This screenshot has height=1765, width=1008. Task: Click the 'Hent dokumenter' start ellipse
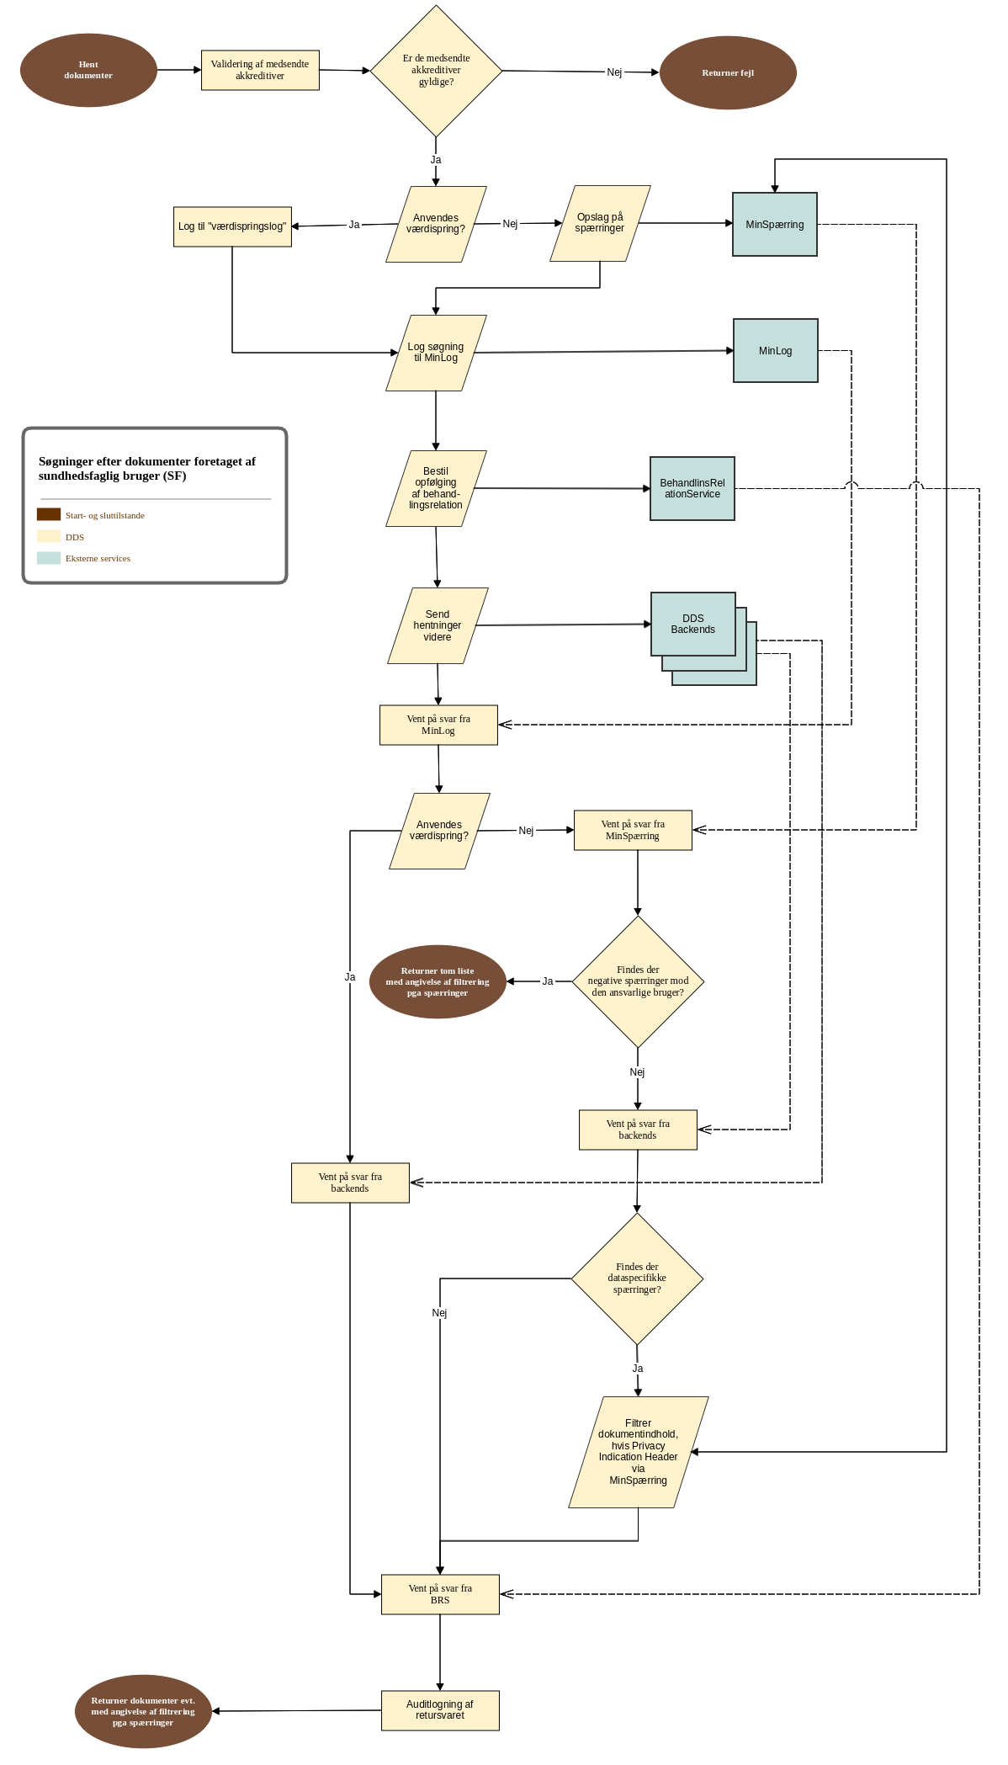[x=88, y=71]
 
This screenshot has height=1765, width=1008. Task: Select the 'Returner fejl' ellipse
[x=728, y=73]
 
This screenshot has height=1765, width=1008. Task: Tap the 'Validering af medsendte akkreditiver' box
[x=260, y=71]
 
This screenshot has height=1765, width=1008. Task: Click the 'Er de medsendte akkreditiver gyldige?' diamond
[x=436, y=71]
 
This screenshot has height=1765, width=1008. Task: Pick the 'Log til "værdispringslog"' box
[x=232, y=227]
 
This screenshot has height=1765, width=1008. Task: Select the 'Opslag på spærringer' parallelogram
[x=600, y=224]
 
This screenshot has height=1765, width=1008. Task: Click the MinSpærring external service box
[x=775, y=225]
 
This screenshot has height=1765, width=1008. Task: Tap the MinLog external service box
[x=776, y=351]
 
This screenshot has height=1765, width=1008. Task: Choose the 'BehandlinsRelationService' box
[x=692, y=489]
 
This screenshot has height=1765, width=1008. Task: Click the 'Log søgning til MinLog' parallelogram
[x=436, y=354]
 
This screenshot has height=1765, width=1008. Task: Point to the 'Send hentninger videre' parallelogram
[x=438, y=626]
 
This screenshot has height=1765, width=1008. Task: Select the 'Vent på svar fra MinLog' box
[x=438, y=726]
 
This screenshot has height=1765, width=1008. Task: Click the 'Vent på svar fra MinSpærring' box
[x=633, y=831]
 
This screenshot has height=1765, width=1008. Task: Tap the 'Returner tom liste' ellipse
[x=438, y=982]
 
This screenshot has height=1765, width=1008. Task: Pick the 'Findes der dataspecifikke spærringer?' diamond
[x=637, y=1279]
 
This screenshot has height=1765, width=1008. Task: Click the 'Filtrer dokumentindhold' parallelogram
[x=639, y=1452]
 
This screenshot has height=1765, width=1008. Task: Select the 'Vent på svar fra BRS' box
[x=440, y=1595]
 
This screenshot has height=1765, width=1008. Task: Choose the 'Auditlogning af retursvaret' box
[x=440, y=1710]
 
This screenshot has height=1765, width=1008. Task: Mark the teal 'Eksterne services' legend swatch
[x=49, y=558]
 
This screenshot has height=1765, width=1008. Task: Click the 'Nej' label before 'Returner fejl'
[x=614, y=72]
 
